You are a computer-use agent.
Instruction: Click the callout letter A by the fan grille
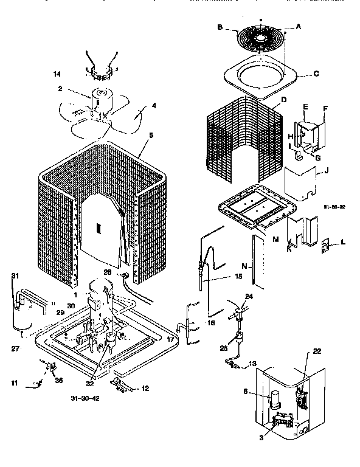[x=298, y=27]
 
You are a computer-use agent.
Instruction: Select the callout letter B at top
[x=220, y=27]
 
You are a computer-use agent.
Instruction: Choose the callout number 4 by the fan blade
[x=154, y=106]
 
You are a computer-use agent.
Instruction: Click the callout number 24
[x=248, y=296]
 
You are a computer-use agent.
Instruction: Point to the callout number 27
[x=15, y=350]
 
